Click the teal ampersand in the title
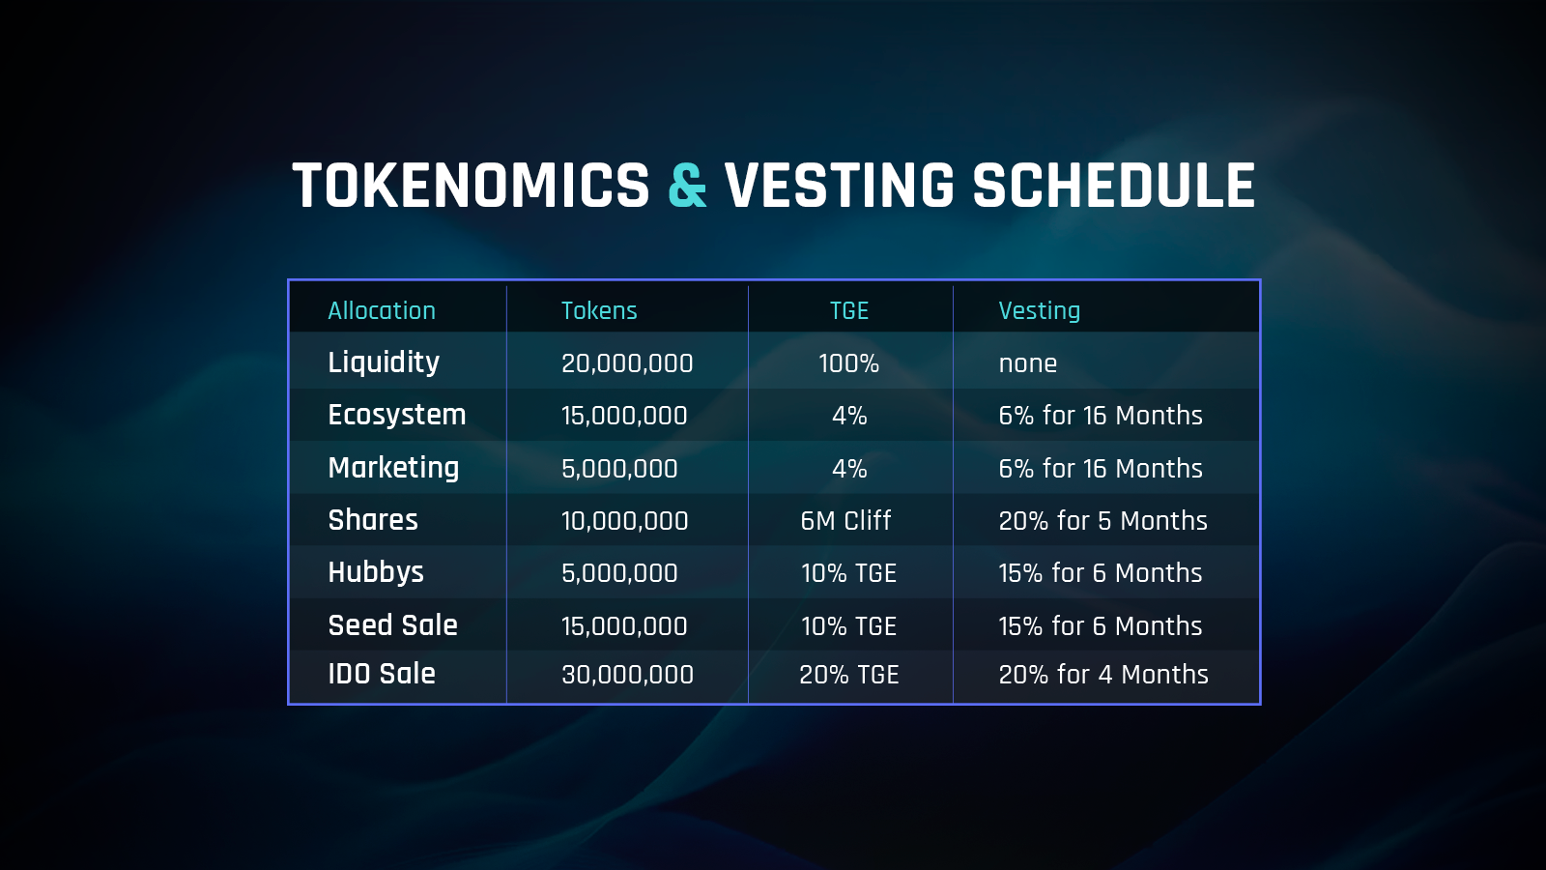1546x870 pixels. point(687,185)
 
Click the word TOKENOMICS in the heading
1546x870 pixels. point(471,185)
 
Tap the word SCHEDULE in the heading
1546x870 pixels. point(1114,185)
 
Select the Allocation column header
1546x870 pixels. point(382,310)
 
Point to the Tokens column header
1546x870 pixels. point(599,310)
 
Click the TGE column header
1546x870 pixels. point(849,310)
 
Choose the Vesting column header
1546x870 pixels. point(1040,310)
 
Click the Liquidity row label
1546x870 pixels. point(384,362)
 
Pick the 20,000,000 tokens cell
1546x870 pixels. point(627,363)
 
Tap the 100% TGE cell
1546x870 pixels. point(849,363)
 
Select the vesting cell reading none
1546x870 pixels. point(1028,363)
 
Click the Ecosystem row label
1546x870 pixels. point(397,415)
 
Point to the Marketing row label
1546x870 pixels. point(393,468)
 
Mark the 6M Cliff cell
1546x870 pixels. point(845,520)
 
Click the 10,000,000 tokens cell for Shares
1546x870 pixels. point(624,521)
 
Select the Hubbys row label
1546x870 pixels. point(376,572)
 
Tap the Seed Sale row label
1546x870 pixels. point(392,624)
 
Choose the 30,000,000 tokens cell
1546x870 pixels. point(627,674)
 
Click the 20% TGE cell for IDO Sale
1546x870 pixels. point(849,674)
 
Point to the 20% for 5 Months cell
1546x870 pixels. point(1102,520)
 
